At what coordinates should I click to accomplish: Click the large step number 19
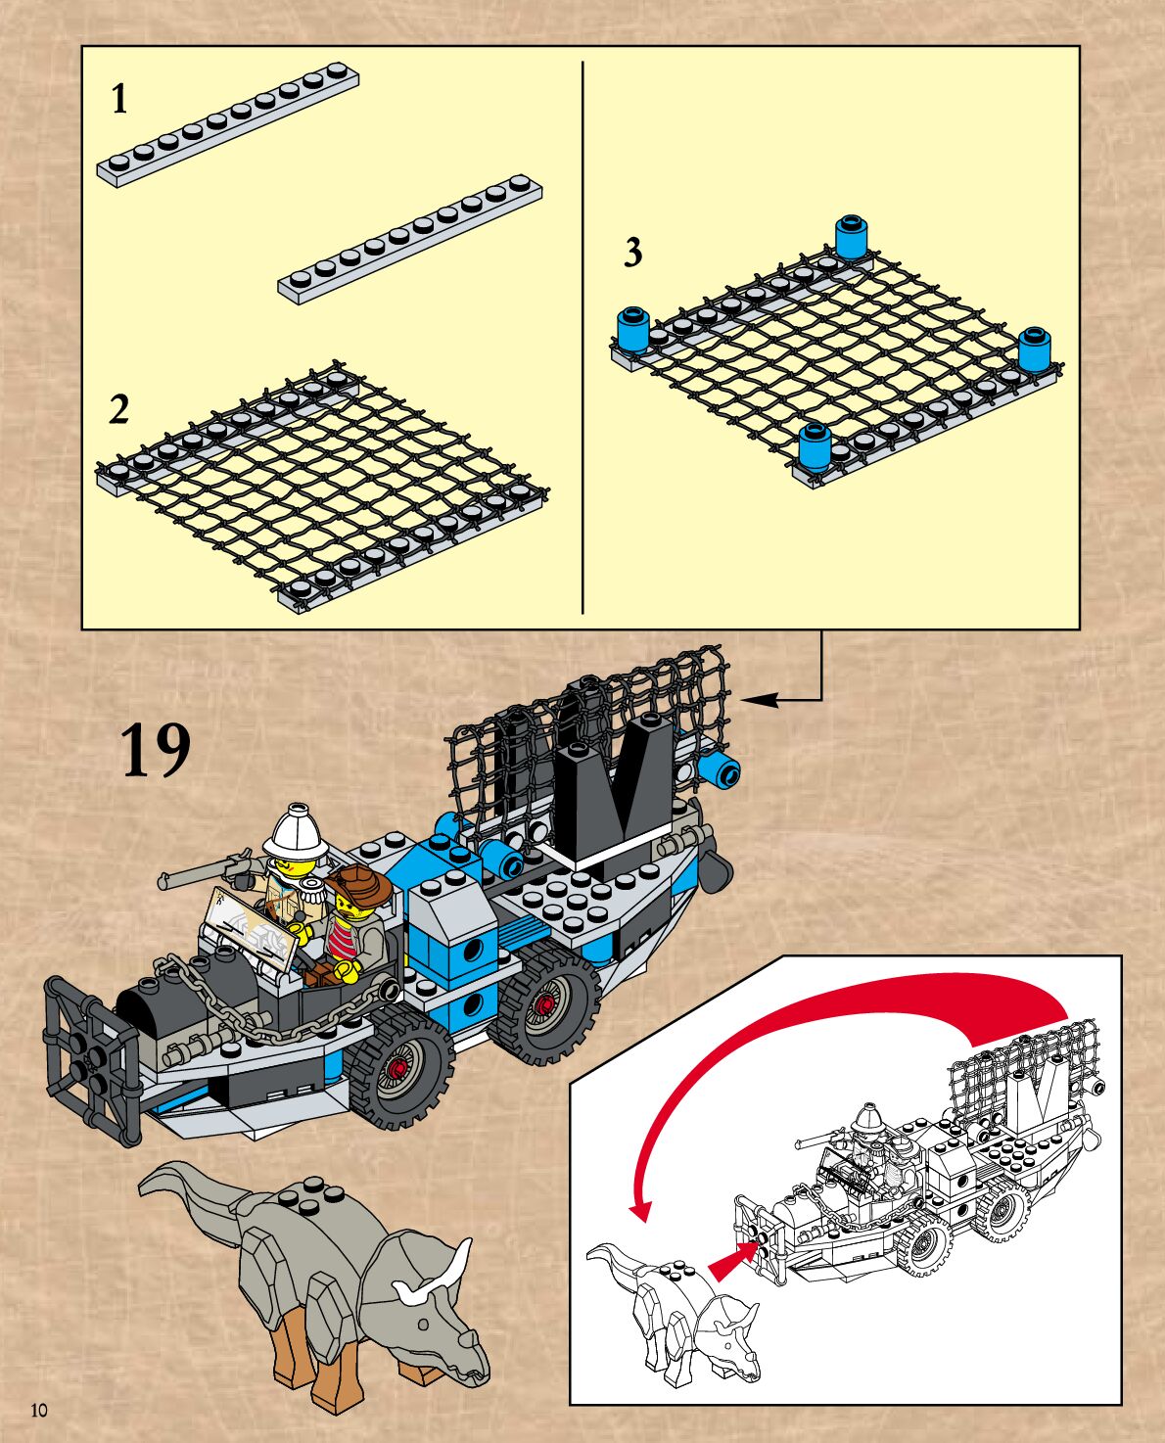coord(155,751)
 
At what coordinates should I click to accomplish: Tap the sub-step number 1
coord(119,99)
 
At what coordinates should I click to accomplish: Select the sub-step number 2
coord(118,409)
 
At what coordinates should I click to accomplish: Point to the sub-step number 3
coord(633,253)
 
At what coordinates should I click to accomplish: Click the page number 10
coord(39,1411)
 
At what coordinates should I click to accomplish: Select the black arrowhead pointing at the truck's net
coord(760,699)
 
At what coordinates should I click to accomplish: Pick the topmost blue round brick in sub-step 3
coord(852,237)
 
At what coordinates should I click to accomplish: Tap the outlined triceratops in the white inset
coord(676,1312)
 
